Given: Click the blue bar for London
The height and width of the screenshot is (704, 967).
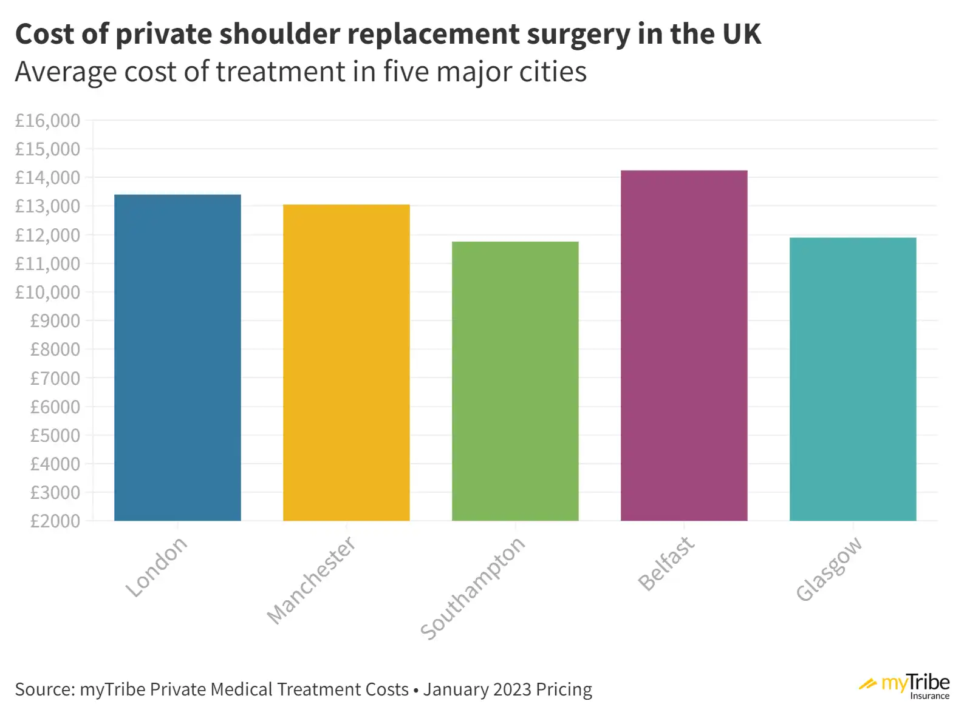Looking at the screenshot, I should pyautogui.click(x=177, y=358).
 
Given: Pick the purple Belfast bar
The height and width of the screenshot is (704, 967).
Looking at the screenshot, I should pyautogui.click(x=684, y=346).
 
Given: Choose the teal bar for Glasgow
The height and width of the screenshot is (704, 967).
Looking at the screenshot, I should pyautogui.click(x=853, y=379).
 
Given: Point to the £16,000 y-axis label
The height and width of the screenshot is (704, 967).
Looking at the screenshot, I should pyautogui.click(x=47, y=121).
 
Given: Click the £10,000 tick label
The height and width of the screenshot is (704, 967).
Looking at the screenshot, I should pyautogui.click(x=47, y=293).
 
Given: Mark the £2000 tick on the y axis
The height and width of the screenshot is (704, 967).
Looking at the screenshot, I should pyautogui.click(x=55, y=521).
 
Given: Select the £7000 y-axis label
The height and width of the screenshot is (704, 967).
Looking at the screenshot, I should pyautogui.click(x=55, y=378).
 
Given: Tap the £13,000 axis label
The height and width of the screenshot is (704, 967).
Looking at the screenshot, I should pyautogui.click(x=47, y=206).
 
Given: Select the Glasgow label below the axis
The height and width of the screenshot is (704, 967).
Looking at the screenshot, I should pyautogui.click(x=829, y=569).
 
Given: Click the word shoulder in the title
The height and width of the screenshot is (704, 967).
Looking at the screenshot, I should pyautogui.click(x=279, y=34).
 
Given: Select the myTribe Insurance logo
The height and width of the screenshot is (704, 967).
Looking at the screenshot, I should pyautogui.click(x=905, y=686).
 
